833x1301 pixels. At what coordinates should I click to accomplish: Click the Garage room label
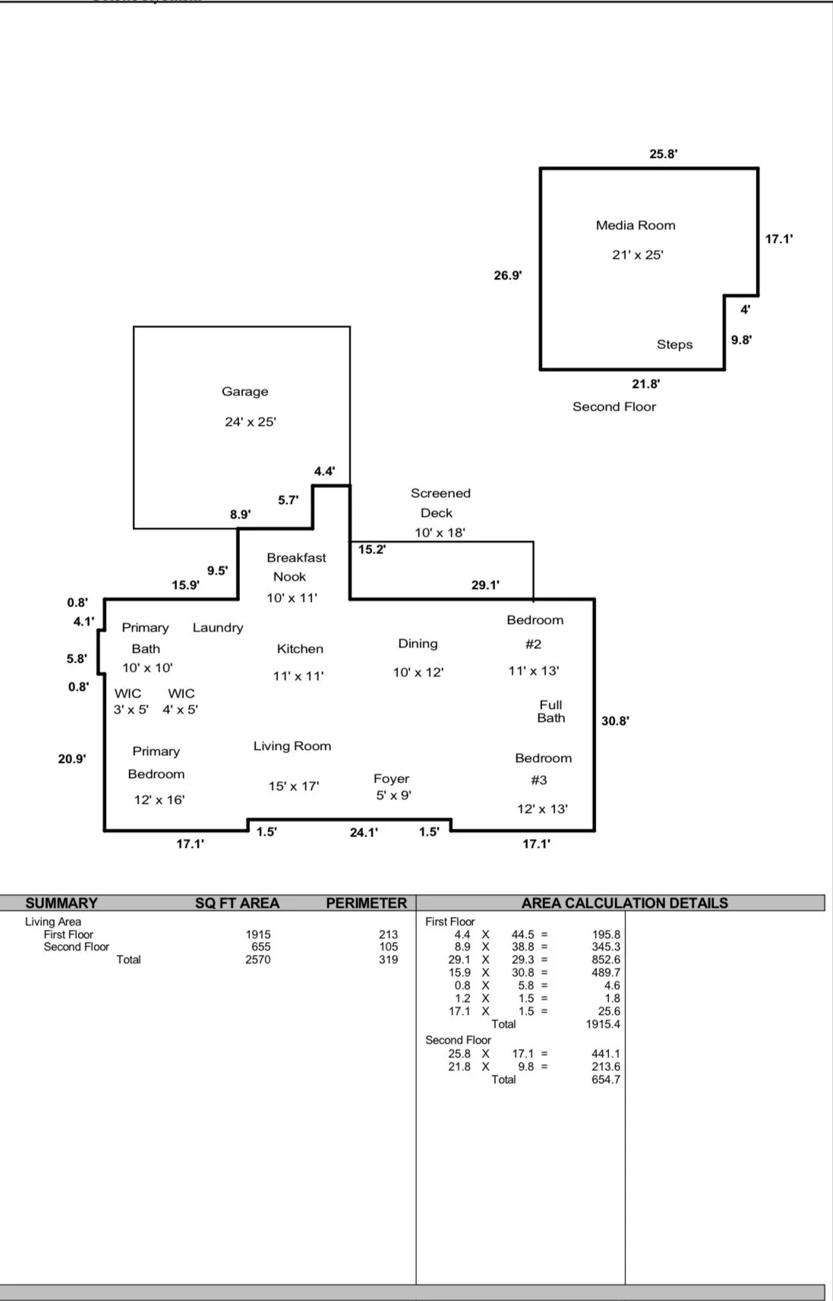coord(245,392)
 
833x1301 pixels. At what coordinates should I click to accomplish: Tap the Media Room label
coord(636,225)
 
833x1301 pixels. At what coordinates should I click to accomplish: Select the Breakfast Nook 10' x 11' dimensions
coord(292,598)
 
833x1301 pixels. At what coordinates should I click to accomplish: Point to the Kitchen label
coord(300,649)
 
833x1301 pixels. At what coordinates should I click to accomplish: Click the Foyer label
coord(391,779)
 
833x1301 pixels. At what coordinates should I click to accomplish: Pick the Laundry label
coord(218,628)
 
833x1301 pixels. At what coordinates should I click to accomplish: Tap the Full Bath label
coord(551,711)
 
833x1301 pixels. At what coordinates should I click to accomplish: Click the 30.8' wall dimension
coord(615,721)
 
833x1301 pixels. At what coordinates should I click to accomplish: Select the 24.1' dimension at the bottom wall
coord(364,833)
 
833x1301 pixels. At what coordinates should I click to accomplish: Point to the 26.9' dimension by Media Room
coord(507,276)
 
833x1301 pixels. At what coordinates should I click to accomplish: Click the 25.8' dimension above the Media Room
coord(663,154)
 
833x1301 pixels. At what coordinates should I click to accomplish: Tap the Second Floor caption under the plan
coord(614,407)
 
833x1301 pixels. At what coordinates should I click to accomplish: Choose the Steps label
coord(674,345)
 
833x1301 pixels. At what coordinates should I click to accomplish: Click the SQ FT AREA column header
coord(237,903)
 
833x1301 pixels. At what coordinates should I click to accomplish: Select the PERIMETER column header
coord(367,903)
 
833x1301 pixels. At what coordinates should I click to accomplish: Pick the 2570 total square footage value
coord(258,960)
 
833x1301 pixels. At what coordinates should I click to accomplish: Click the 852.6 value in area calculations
coord(606,960)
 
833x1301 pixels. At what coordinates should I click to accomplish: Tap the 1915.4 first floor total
coord(603,1025)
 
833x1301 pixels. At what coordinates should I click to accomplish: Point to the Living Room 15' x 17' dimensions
coord(294,786)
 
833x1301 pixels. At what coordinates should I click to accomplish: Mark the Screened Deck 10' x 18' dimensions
coord(440,533)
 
